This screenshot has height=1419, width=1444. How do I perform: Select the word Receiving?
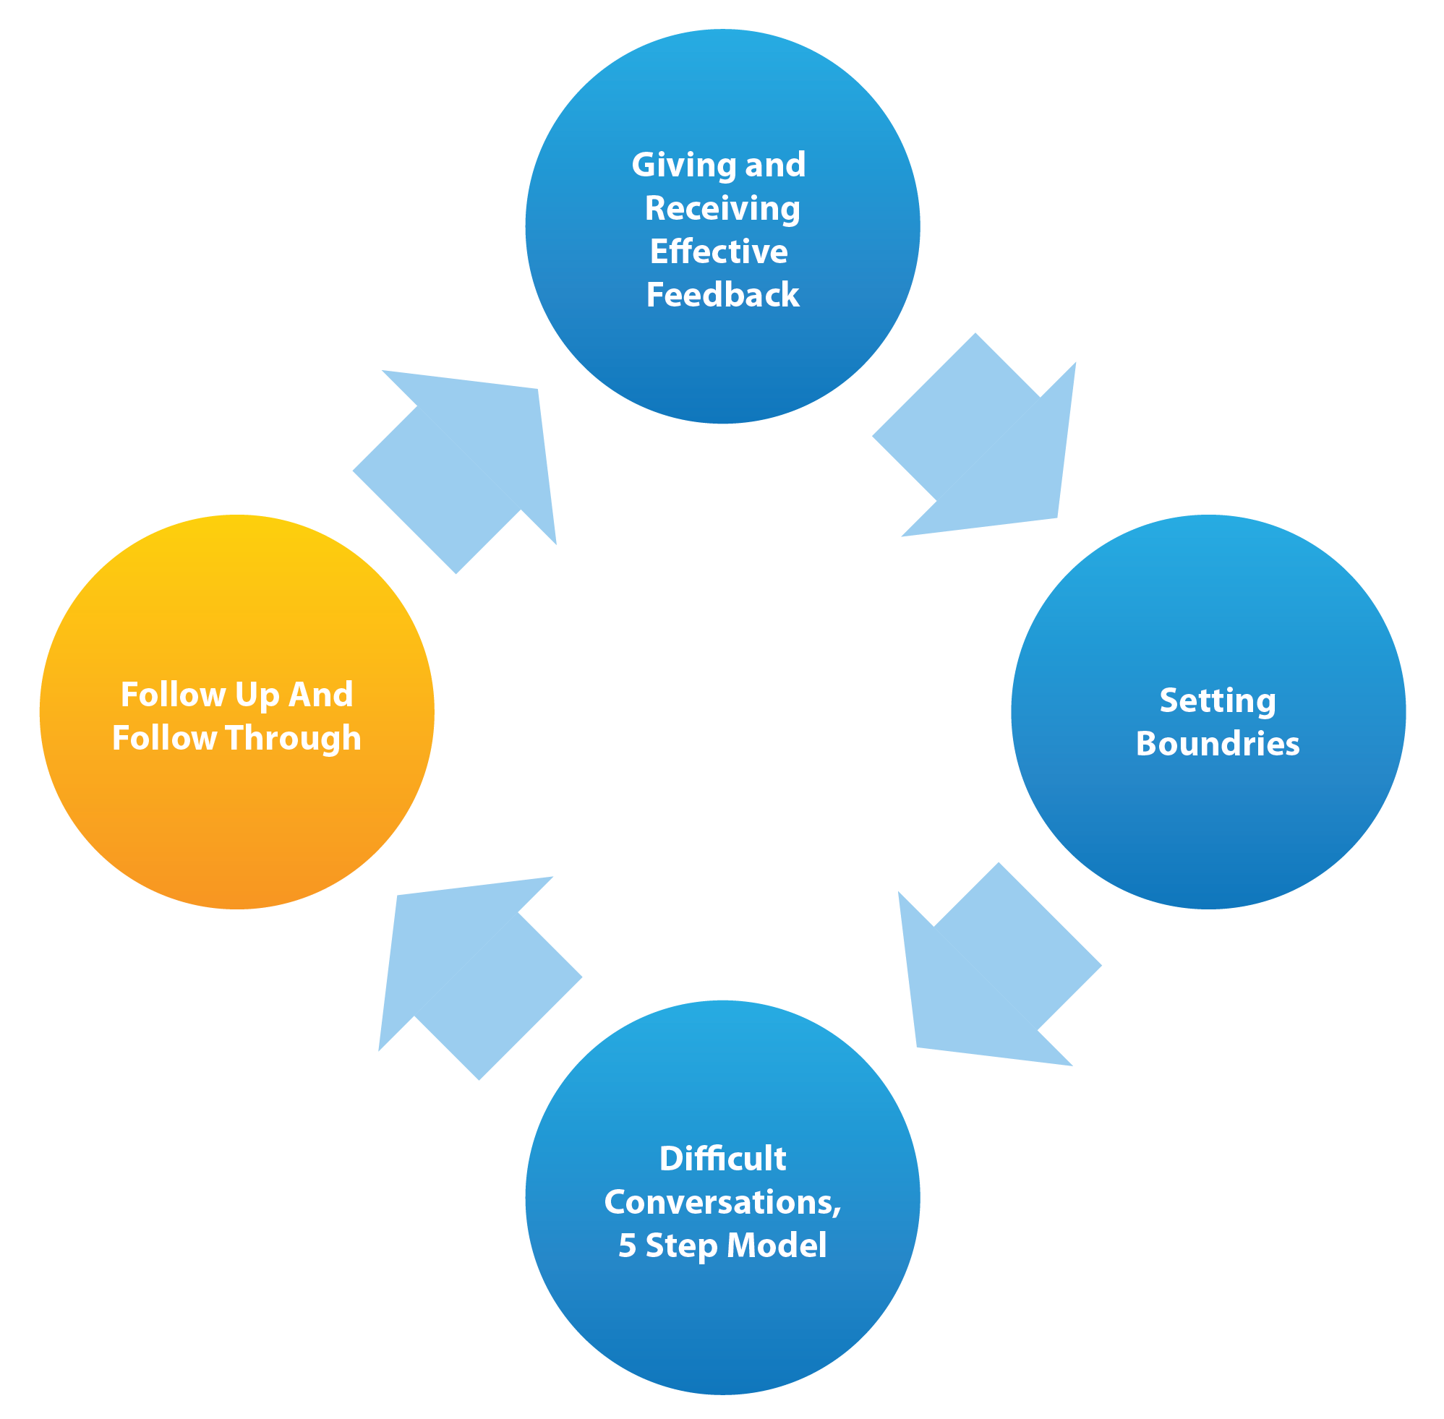[722, 209]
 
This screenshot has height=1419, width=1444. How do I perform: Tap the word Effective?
[719, 252]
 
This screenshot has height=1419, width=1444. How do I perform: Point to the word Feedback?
[722, 295]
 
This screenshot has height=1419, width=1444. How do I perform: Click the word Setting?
[1218, 701]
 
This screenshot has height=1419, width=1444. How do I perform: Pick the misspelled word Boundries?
[1218, 744]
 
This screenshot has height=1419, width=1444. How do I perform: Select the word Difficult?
[722, 1159]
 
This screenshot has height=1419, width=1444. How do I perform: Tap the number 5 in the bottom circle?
[627, 1246]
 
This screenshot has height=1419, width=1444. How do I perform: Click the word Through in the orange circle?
[293, 739]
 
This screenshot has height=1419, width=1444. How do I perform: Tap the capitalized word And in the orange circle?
[320, 695]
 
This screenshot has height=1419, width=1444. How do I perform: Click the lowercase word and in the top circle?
[775, 166]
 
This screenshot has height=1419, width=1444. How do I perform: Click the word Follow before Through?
[164, 739]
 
